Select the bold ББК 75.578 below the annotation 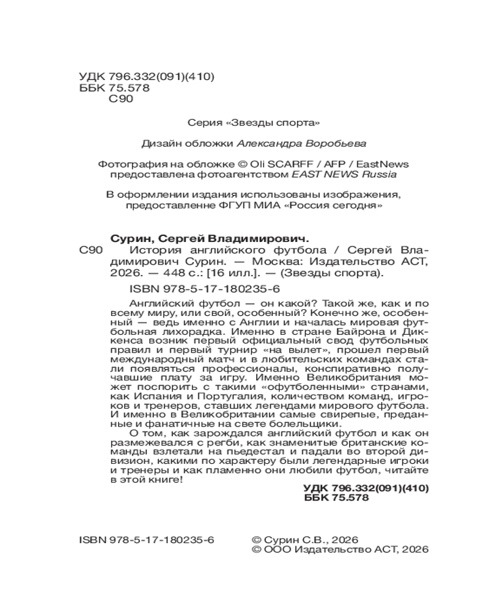tap(337, 499)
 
